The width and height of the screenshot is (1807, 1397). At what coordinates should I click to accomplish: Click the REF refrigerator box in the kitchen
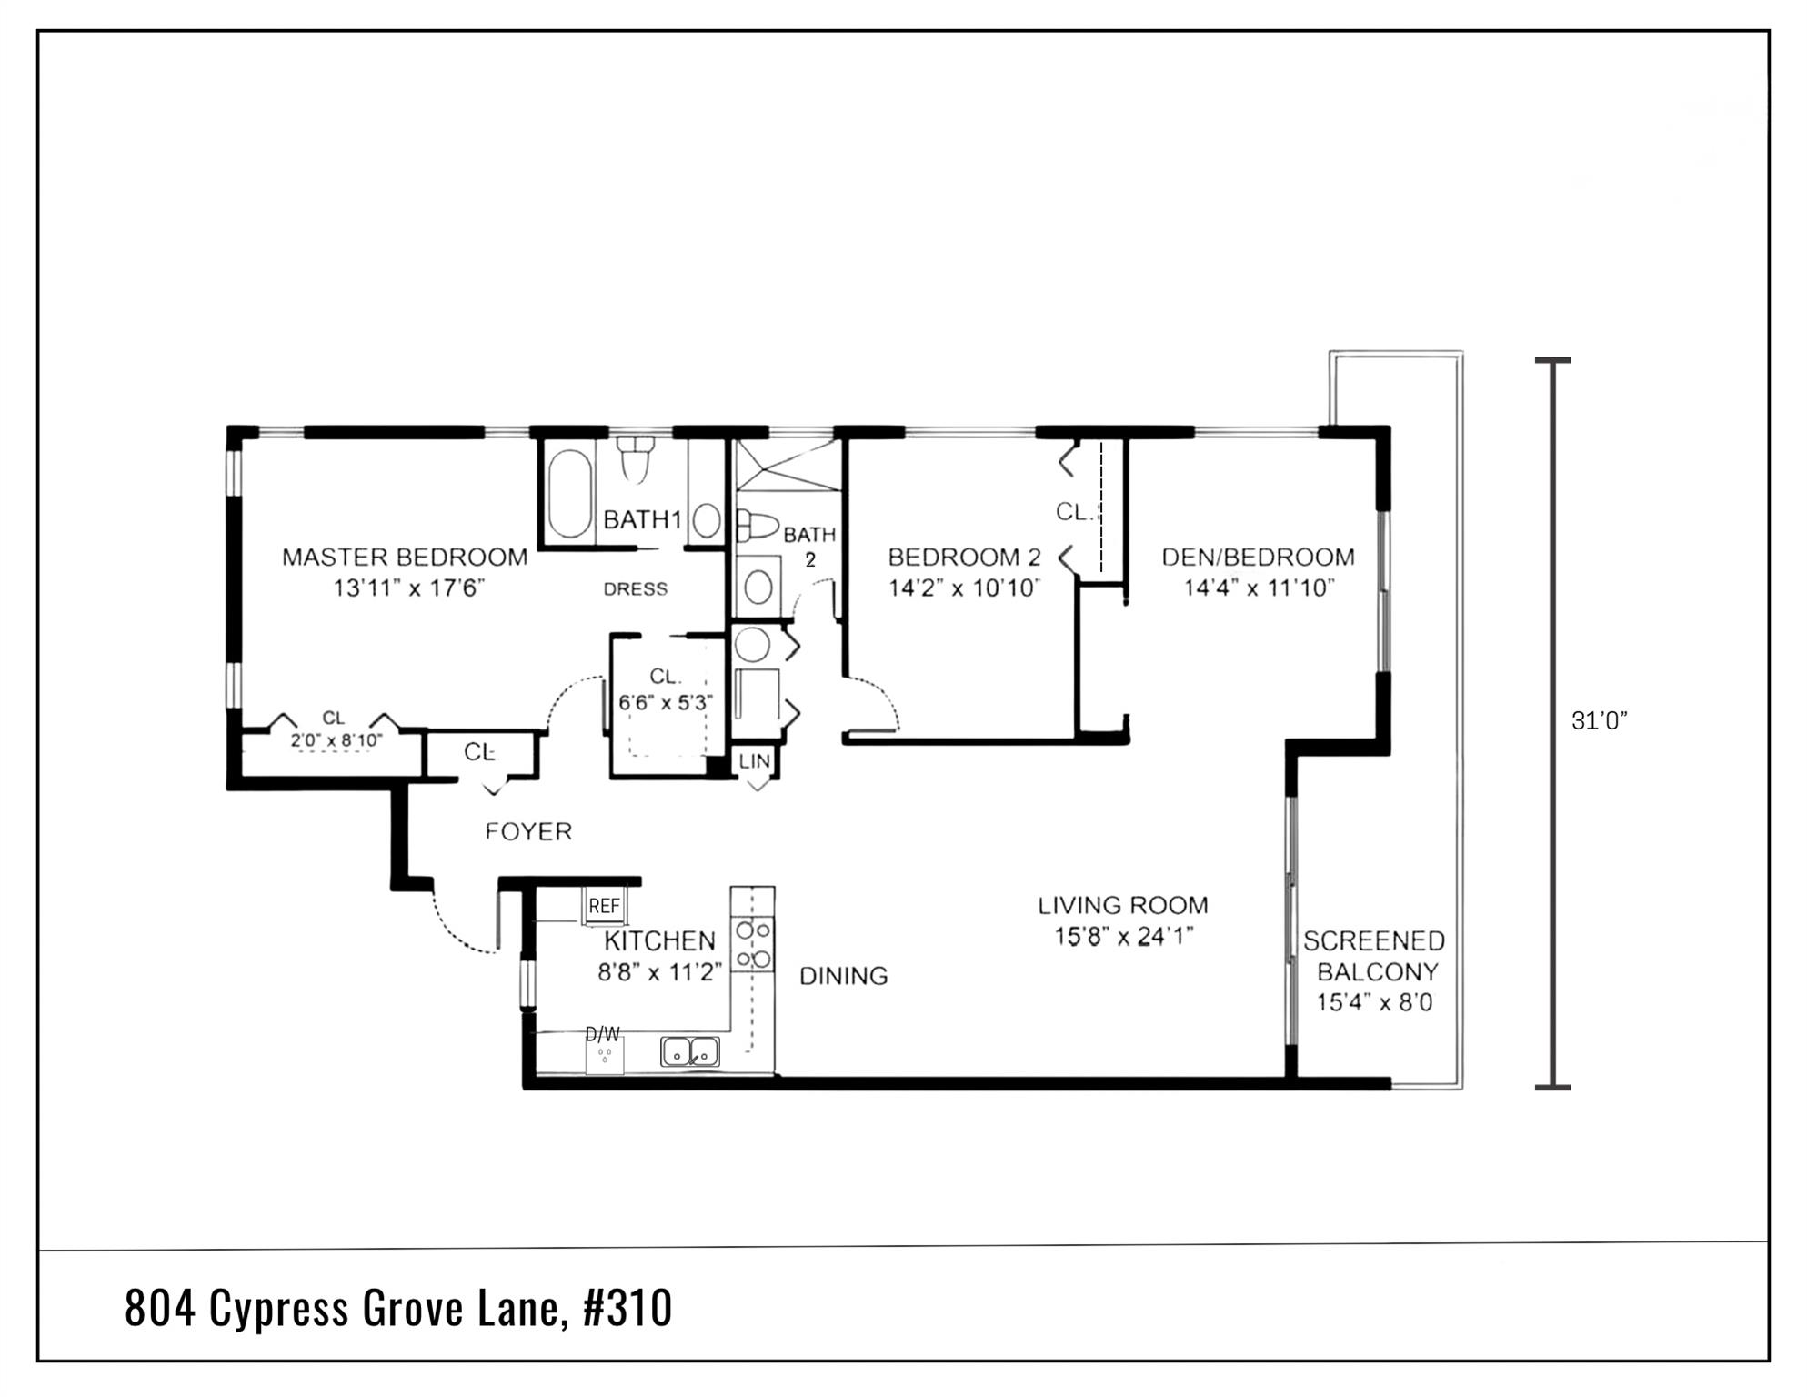[604, 906]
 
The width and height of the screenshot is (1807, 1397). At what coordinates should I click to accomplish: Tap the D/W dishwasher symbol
[604, 1053]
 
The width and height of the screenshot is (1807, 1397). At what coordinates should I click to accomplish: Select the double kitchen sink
[690, 1051]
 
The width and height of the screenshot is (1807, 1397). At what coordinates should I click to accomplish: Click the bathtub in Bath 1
[569, 494]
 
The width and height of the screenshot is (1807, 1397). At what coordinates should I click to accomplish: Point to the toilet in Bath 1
[637, 459]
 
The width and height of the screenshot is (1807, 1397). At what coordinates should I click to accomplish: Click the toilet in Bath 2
[758, 526]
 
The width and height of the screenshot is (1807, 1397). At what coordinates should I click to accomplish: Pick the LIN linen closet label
[755, 761]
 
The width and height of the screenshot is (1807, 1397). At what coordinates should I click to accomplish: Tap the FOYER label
[528, 831]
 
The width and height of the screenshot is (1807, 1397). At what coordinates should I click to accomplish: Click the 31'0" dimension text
[1599, 721]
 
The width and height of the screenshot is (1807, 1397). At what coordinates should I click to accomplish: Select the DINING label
[843, 976]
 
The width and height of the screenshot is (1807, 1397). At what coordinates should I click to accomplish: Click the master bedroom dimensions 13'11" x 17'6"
[408, 588]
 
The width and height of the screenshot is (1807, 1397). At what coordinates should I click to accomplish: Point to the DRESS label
[635, 589]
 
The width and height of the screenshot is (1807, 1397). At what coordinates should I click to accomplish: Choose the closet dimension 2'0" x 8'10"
[336, 740]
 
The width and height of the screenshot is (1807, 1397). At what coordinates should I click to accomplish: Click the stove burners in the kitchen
[753, 944]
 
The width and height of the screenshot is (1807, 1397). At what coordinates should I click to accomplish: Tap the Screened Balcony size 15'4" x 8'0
[1374, 1003]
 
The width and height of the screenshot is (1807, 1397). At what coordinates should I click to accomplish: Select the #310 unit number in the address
[627, 1309]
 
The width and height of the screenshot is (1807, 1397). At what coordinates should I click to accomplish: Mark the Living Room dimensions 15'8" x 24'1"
[1123, 937]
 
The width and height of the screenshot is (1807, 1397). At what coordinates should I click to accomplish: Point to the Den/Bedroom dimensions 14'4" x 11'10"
[1259, 588]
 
